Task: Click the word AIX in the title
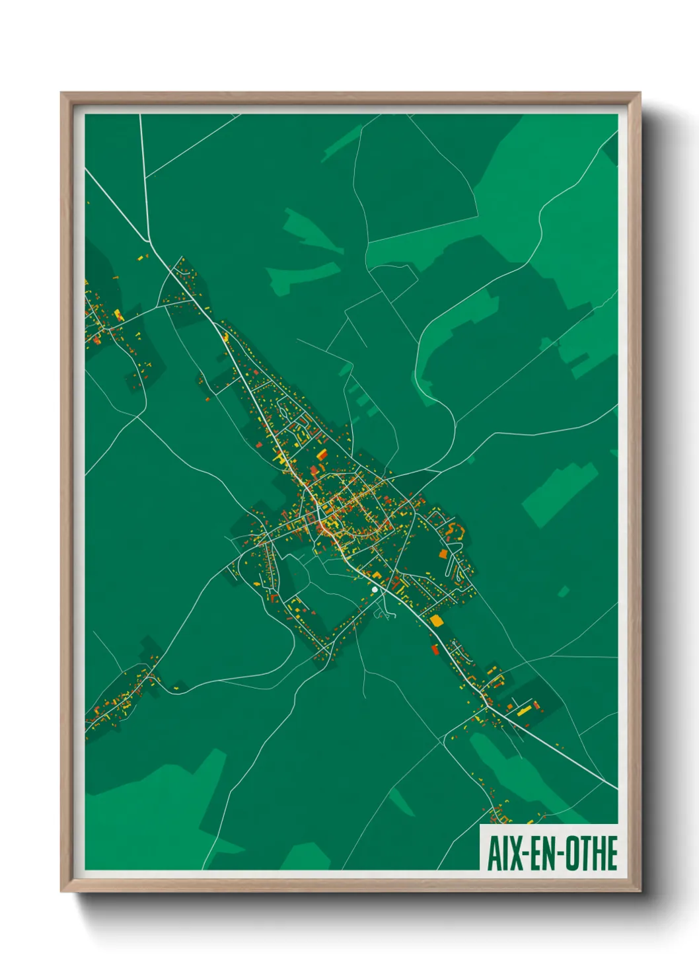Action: (x=503, y=853)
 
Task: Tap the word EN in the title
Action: (x=538, y=853)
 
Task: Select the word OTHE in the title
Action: (x=590, y=853)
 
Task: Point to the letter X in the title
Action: (x=512, y=853)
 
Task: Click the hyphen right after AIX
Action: (x=522, y=854)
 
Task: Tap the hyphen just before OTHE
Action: (x=556, y=854)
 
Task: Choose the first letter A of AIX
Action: (x=493, y=853)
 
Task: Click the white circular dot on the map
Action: (x=375, y=589)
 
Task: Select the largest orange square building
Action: (x=437, y=621)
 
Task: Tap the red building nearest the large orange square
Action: (x=435, y=649)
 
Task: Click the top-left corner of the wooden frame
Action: (x=61, y=93)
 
